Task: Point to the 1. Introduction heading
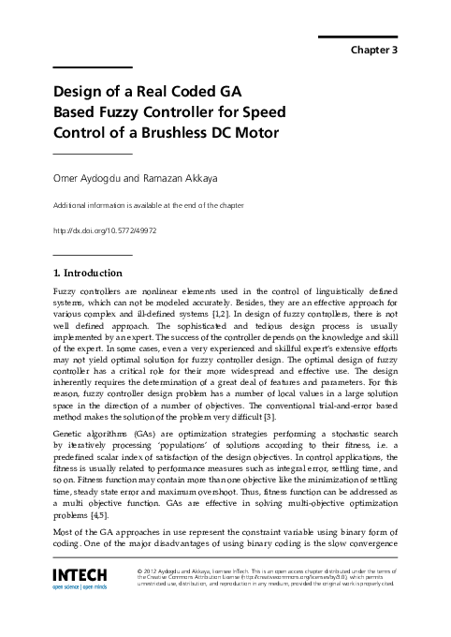pos(88,273)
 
